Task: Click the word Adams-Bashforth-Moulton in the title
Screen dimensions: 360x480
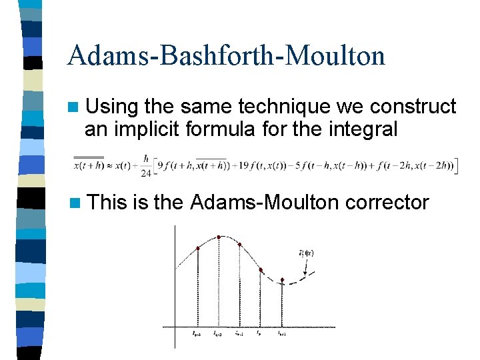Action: click(x=226, y=55)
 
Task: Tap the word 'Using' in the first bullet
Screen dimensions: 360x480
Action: click(x=112, y=107)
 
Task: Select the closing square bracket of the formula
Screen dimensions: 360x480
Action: click(x=456, y=165)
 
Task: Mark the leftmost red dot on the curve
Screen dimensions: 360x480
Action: click(x=198, y=249)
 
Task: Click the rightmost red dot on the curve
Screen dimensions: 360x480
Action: click(x=283, y=280)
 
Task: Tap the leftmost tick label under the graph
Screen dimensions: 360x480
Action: click(x=197, y=333)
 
